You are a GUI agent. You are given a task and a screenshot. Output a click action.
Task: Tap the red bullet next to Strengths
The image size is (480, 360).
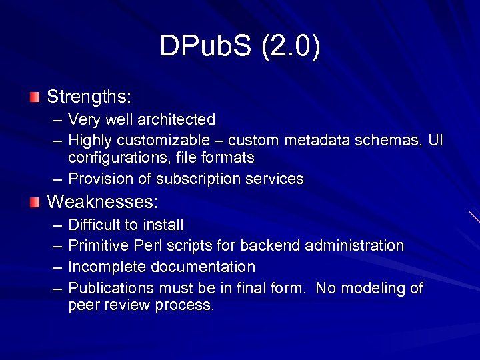[x=35, y=97]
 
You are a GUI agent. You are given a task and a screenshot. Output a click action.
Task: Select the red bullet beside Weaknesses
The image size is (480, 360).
[x=35, y=201]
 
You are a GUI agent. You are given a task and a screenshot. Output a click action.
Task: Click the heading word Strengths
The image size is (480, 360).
[x=88, y=97]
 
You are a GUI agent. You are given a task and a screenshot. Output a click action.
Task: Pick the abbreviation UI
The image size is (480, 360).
[x=436, y=141]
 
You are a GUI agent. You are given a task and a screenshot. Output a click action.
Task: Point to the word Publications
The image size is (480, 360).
[x=111, y=289]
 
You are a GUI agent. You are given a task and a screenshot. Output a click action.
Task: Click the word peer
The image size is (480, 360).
[x=83, y=306]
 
